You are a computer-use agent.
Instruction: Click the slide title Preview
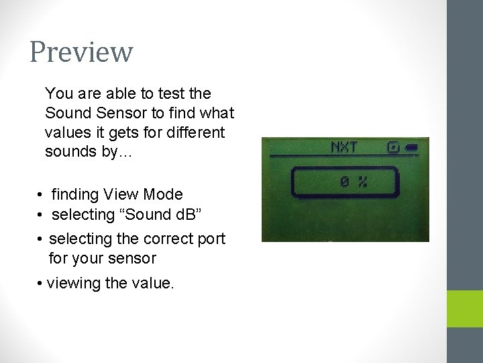[81, 52]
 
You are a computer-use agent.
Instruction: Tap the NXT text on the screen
[344, 147]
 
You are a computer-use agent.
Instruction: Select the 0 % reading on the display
[353, 181]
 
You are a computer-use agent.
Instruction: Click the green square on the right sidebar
[465, 309]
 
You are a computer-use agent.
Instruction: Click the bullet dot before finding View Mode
[41, 196]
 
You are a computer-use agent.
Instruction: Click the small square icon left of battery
[392, 146]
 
